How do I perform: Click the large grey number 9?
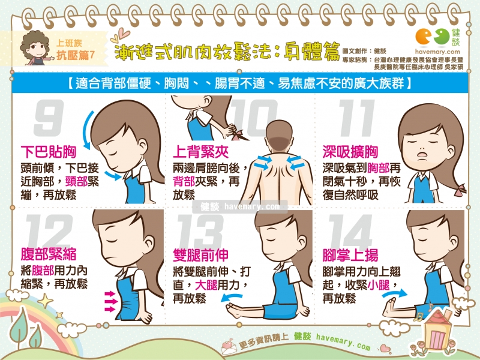[49, 118]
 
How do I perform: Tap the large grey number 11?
[357, 118]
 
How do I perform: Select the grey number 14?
[350, 232]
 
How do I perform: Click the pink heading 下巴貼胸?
[49, 152]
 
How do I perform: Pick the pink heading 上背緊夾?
[200, 152]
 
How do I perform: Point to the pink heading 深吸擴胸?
[350, 152]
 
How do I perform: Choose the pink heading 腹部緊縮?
[49, 254]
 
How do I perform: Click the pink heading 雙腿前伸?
[200, 254]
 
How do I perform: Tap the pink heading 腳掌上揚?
[350, 254]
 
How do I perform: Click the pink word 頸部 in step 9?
[77, 181]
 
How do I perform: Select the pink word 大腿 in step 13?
[206, 285]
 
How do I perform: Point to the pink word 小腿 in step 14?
[379, 285]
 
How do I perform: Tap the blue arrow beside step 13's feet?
[231, 296]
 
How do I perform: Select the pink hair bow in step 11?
[460, 190]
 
